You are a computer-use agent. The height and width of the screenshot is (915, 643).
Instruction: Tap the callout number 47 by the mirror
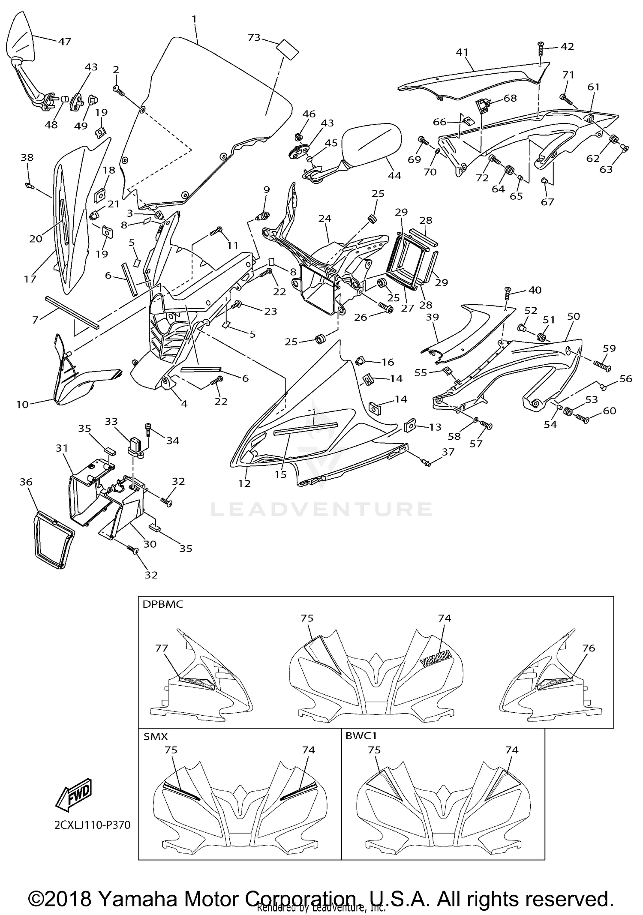[64, 42]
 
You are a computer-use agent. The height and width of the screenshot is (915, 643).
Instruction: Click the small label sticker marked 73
[287, 49]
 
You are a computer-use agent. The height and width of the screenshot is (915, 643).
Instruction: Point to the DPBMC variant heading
[162, 604]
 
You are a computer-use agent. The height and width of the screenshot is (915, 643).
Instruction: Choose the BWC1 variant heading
[361, 737]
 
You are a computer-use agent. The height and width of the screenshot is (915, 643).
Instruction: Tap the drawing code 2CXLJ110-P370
[92, 825]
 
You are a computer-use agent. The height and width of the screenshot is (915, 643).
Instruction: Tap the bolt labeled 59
[602, 366]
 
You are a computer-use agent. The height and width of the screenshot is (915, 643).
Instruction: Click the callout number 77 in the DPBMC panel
[162, 648]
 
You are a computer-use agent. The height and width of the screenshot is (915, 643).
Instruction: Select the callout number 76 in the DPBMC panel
[589, 648]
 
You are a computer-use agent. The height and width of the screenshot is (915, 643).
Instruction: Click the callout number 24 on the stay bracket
[325, 219]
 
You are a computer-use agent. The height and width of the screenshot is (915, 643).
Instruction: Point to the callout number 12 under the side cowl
[244, 483]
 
